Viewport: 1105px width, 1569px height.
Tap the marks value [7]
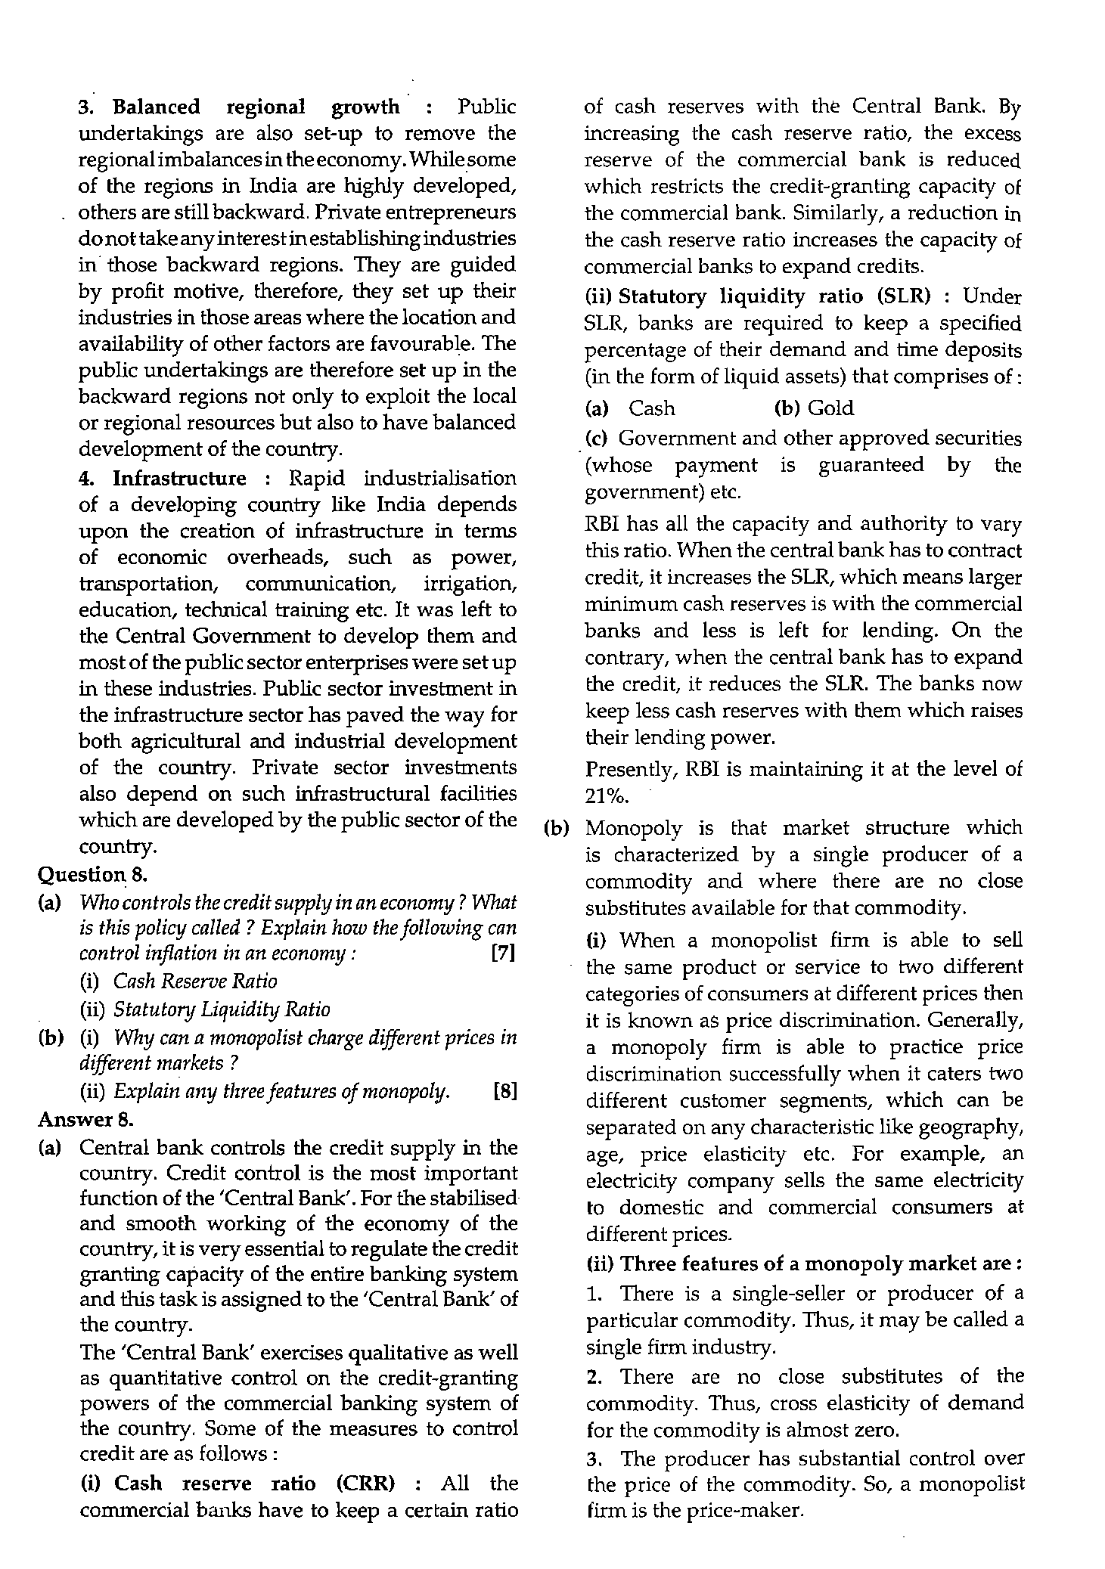coord(503,953)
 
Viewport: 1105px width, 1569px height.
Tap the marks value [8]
coord(503,1092)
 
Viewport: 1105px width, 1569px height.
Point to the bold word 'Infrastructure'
coord(179,479)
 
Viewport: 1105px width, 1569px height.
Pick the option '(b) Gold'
coord(814,408)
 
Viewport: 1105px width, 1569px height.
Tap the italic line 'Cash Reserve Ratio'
coord(195,981)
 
